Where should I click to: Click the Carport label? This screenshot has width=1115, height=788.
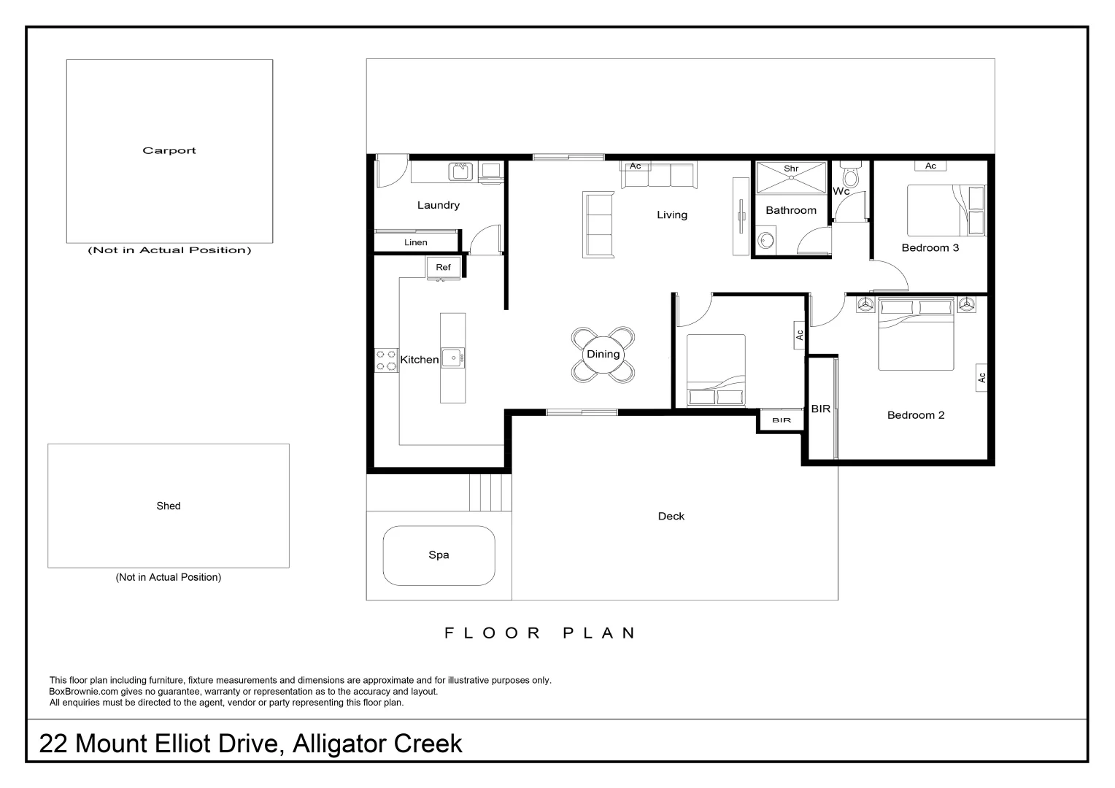pos(169,151)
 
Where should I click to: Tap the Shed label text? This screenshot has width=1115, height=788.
pos(169,506)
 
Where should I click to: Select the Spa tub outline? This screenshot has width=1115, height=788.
pos(439,555)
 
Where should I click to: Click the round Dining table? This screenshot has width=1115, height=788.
pos(603,355)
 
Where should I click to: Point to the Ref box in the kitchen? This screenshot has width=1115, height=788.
pos(443,268)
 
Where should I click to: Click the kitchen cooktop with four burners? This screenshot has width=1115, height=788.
pos(386,360)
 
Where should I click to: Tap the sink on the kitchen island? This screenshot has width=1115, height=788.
pos(452,358)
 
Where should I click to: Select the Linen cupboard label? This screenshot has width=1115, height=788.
pos(415,242)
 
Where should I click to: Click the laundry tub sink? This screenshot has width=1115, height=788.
pos(460,171)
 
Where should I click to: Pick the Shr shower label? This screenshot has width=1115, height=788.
pos(791,169)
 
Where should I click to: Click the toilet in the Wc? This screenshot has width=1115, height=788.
pos(850,176)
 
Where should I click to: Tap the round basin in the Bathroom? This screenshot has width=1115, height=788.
pos(765,240)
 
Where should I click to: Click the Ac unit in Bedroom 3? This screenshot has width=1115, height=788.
pos(930,166)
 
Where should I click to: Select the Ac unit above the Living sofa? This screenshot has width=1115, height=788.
pos(635,166)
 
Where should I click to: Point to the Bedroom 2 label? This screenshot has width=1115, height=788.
pos(916,415)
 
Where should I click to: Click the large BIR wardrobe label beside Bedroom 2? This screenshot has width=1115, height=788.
pos(820,409)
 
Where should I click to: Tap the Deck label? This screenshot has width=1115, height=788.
pos(671,517)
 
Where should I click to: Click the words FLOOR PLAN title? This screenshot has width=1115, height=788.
pos(541,633)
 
